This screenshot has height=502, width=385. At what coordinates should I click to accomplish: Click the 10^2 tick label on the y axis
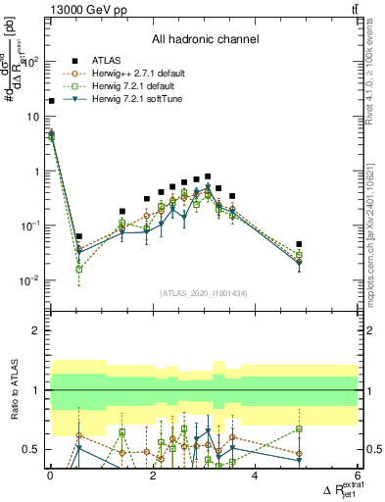30,62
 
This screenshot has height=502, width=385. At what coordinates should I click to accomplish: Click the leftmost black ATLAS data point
51,100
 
